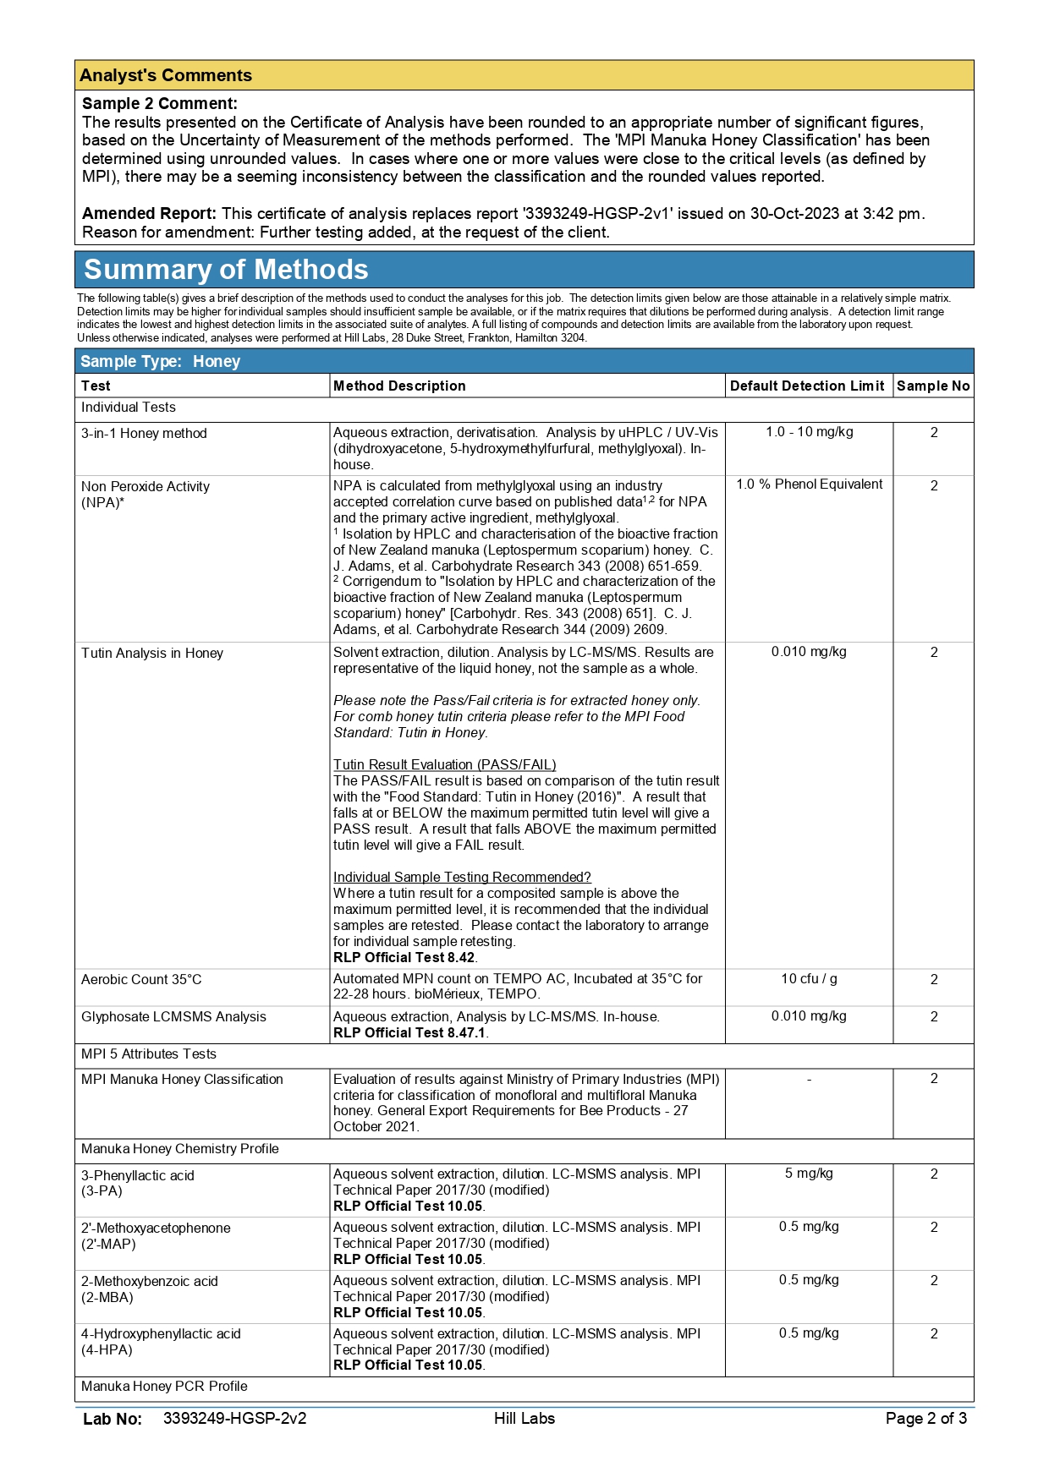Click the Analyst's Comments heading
click(166, 75)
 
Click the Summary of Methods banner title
click(226, 270)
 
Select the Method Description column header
click(399, 386)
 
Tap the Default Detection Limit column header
click(807, 386)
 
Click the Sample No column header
click(933, 386)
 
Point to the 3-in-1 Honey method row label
click(144, 434)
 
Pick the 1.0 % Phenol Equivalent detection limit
click(809, 484)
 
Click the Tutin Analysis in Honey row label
click(152, 654)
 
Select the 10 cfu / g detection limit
click(809, 979)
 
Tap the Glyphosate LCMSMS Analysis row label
click(173, 1017)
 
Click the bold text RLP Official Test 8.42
click(404, 958)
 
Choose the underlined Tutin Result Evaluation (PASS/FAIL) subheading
click(444, 765)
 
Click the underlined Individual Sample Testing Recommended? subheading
click(462, 878)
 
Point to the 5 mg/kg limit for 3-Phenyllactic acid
click(809, 1174)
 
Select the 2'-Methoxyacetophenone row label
click(156, 1229)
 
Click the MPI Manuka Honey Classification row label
click(182, 1080)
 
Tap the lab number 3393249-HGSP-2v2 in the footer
click(234, 1419)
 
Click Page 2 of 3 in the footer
click(925, 1419)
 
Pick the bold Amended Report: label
click(149, 214)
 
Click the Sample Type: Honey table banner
click(161, 362)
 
